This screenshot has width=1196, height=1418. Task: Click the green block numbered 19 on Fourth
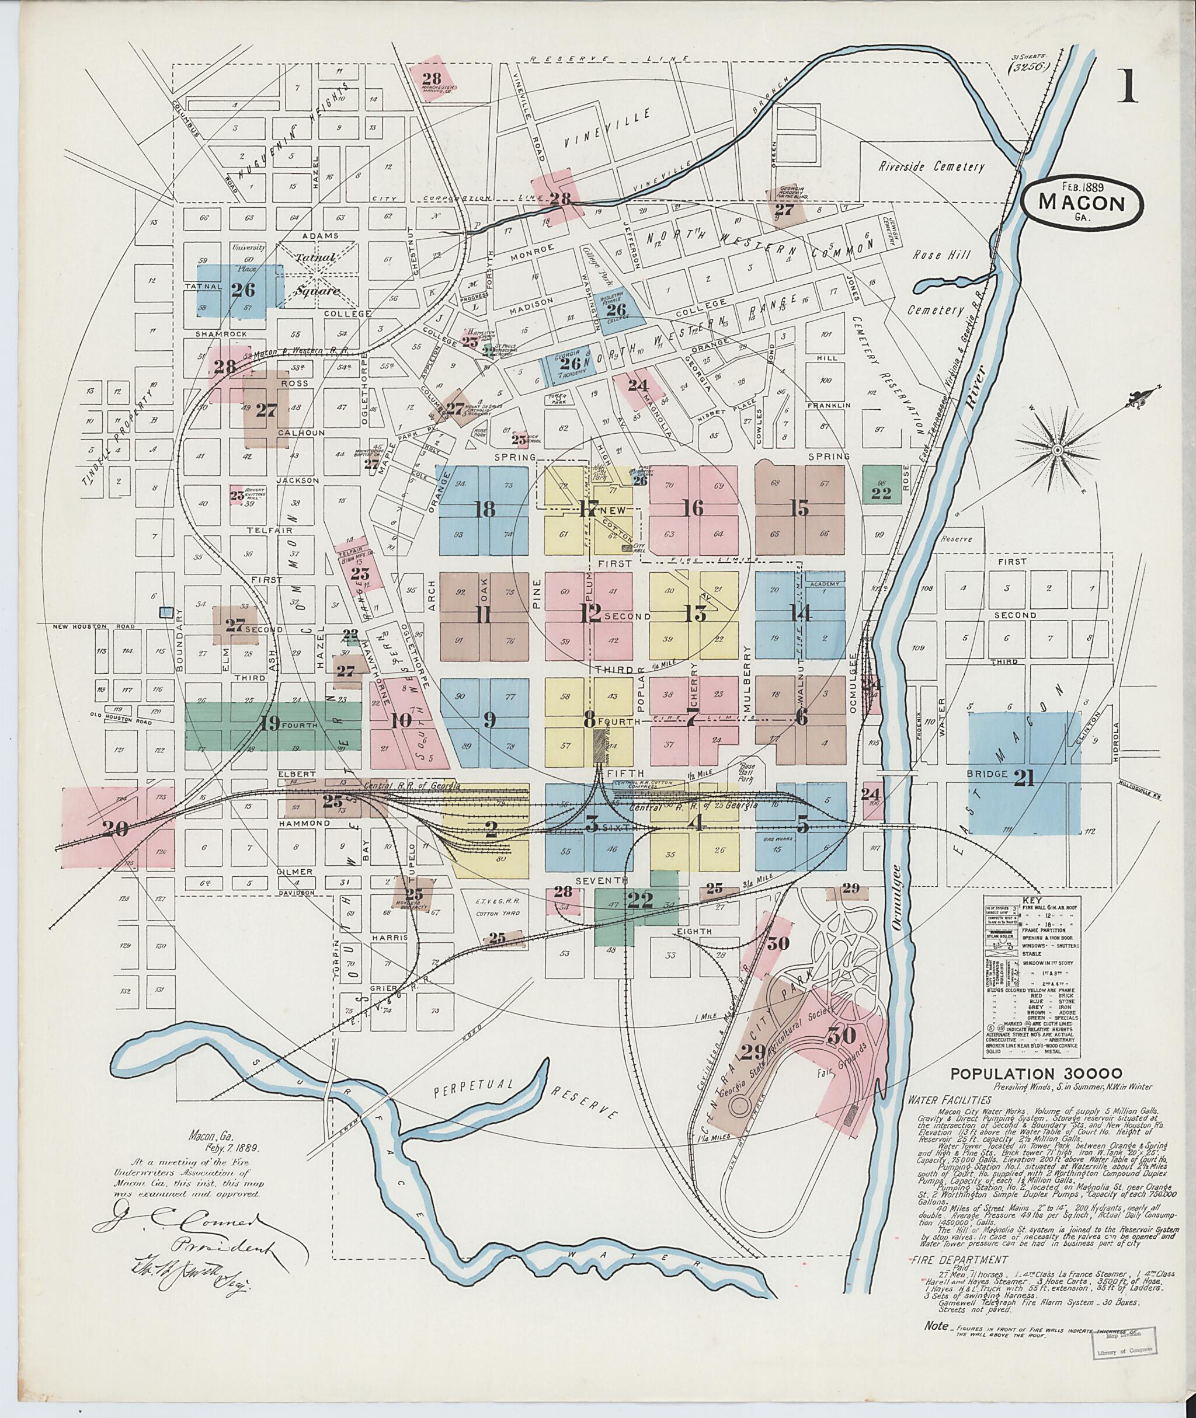(269, 724)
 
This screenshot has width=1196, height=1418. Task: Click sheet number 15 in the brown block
(801, 508)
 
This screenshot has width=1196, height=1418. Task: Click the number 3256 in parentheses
(1028, 67)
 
